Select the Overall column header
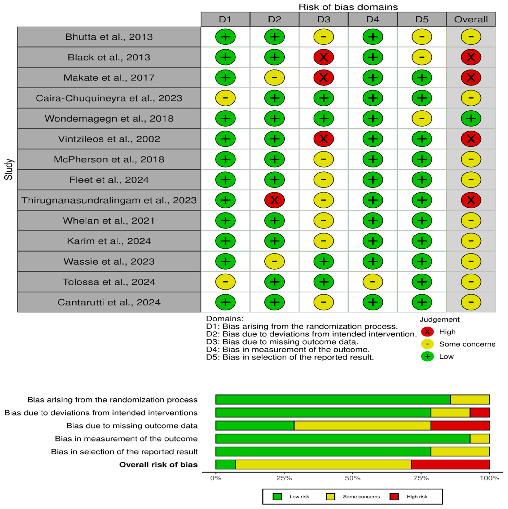point(471,19)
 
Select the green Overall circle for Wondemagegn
point(471,119)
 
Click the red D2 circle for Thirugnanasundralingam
point(274,200)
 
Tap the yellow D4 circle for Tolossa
point(373,282)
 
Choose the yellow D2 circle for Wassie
point(274,261)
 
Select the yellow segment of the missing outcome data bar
point(362,425)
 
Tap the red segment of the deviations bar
point(479,413)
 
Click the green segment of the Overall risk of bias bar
point(225,465)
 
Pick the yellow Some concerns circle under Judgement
point(427,344)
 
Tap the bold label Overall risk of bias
point(158,465)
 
